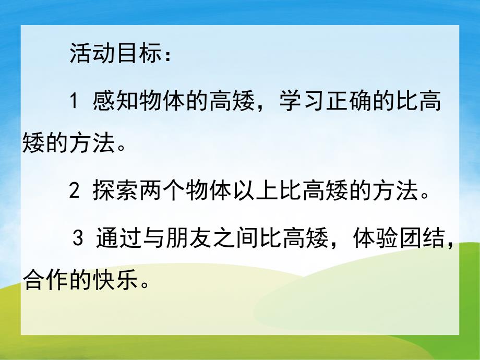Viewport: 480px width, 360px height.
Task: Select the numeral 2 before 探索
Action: click(74, 191)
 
